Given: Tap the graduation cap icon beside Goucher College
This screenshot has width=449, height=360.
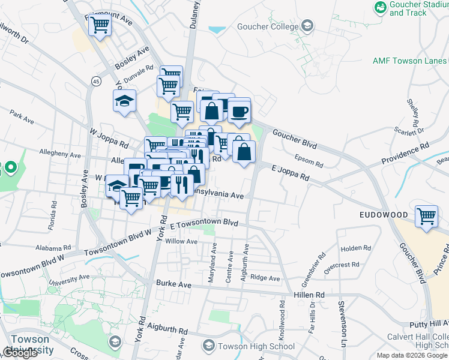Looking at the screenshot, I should click(x=307, y=26).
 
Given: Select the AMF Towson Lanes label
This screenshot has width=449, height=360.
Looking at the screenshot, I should click(x=409, y=61).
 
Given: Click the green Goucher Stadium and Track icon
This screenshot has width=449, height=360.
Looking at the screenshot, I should click(x=380, y=7).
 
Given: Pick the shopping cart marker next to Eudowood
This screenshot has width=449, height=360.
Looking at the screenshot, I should click(x=426, y=215).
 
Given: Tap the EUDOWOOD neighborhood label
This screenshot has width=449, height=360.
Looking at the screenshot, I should click(x=384, y=214).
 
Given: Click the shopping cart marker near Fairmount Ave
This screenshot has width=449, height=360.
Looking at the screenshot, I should click(x=100, y=25).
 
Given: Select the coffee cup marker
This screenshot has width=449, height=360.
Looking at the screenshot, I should click(x=239, y=111).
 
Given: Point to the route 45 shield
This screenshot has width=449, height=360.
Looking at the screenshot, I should click(x=96, y=81).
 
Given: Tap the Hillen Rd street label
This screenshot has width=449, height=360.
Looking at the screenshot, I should click(x=309, y=295).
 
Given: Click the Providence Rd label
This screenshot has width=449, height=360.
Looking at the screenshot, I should click(x=405, y=154).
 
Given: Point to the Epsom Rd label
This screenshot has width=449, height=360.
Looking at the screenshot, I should click(x=309, y=161).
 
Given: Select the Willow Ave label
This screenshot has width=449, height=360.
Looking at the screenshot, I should click(x=181, y=241).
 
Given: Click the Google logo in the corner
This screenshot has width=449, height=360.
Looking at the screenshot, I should click(x=21, y=353).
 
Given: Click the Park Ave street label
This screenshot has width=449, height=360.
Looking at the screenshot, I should click(x=22, y=116).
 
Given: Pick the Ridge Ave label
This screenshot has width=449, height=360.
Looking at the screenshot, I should click(x=265, y=278).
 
